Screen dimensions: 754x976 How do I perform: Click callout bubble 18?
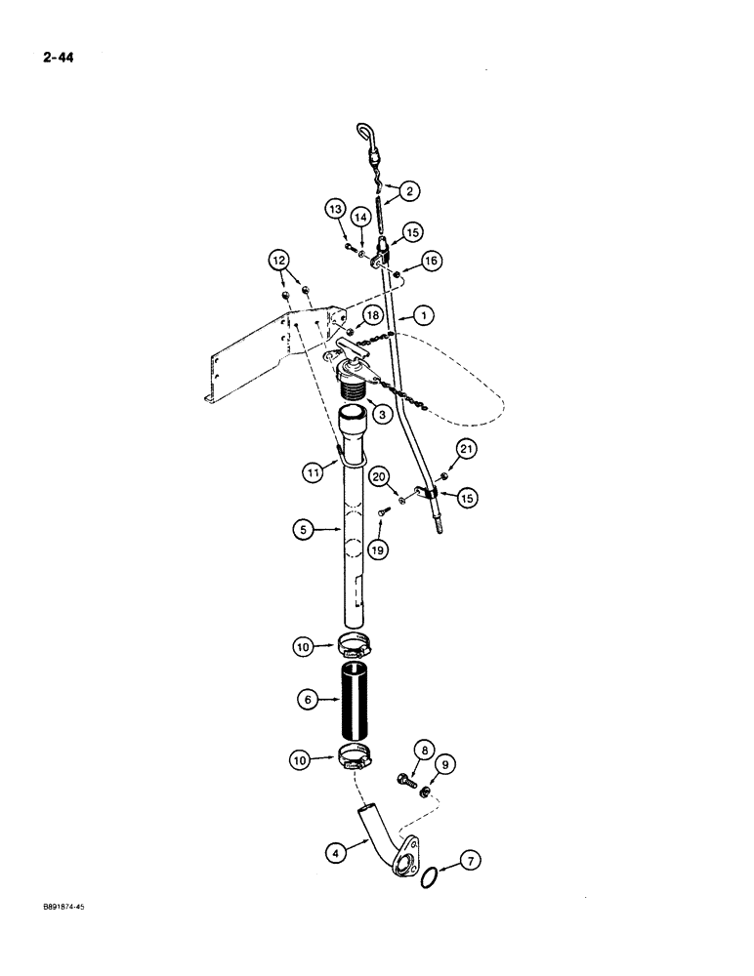pyautogui.click(x=371, y=315)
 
